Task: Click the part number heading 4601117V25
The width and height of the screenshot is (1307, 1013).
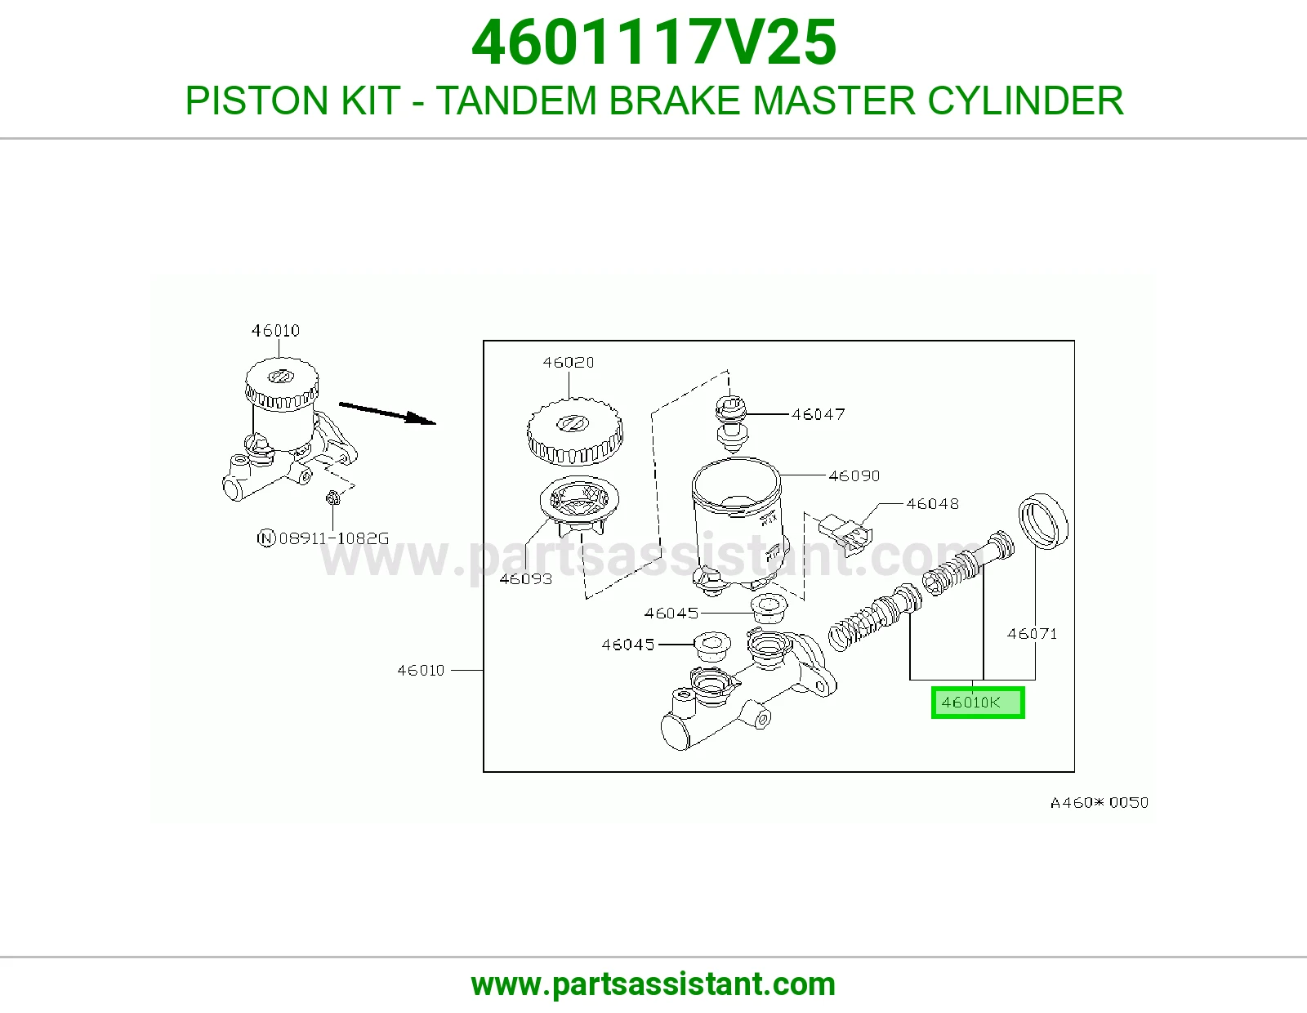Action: click(653, 42)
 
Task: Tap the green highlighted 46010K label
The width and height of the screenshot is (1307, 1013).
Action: click(978, 703)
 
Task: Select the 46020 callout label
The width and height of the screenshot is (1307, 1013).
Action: click(569, 362)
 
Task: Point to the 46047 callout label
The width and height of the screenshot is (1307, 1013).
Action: click(818, 414)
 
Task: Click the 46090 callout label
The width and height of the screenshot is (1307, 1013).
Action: click(854, 475)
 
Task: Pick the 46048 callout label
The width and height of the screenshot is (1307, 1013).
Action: click(932, 503)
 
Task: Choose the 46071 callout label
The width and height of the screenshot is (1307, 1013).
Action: click(1033, 633)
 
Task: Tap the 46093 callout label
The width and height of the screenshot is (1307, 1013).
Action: click(526, 578)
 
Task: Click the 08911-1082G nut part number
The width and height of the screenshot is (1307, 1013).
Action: click(334, 538)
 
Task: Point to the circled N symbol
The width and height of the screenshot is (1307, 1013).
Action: click(266, 538)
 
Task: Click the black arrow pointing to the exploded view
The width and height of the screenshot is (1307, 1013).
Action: click(387, 413)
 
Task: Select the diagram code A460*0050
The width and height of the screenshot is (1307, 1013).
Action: click(1100, 802)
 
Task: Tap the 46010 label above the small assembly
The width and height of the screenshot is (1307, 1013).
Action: click(275, 330)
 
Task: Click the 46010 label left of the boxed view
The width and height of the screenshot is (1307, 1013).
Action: click(421, 670)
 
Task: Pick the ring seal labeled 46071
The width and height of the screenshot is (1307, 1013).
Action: click(1043, 521)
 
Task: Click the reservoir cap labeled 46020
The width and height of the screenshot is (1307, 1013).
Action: click(575, 431)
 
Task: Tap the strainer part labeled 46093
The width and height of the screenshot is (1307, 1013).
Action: click(579, 506)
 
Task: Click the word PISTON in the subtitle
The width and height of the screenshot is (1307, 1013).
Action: click(256, 100)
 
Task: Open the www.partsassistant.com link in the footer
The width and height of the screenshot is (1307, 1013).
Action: click(653, 984)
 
